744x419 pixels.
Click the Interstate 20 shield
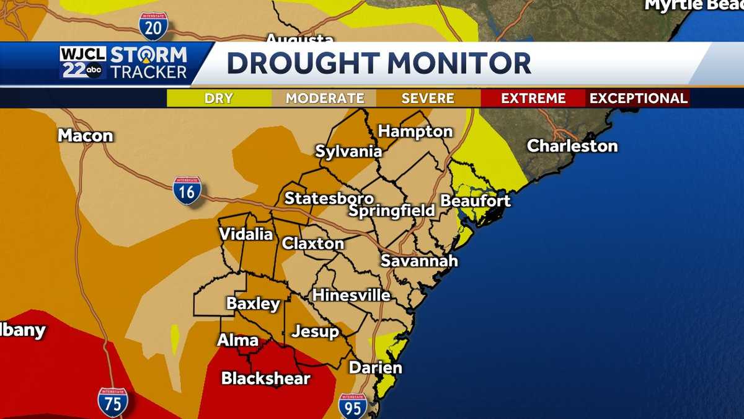point(153,25)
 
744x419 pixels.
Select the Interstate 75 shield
point(112,402)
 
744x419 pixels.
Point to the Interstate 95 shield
point(352,406)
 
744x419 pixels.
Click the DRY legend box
point(219,98)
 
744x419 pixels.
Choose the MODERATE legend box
point(324,98)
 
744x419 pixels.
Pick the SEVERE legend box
point(428,98)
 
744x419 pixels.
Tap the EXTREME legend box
point(533,98)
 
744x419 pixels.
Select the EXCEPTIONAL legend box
point(638,98)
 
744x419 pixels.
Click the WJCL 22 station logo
point(83,63)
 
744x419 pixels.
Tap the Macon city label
point(86,135)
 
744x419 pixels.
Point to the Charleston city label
point(572,146)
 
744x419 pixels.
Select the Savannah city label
point(419,260)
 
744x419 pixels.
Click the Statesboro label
point(329,199)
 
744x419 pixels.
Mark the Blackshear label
point(265,377)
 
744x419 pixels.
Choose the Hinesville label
point(351,295)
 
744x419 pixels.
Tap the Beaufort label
point(476,200)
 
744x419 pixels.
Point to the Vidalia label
point(246,234)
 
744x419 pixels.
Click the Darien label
point(375,367)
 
